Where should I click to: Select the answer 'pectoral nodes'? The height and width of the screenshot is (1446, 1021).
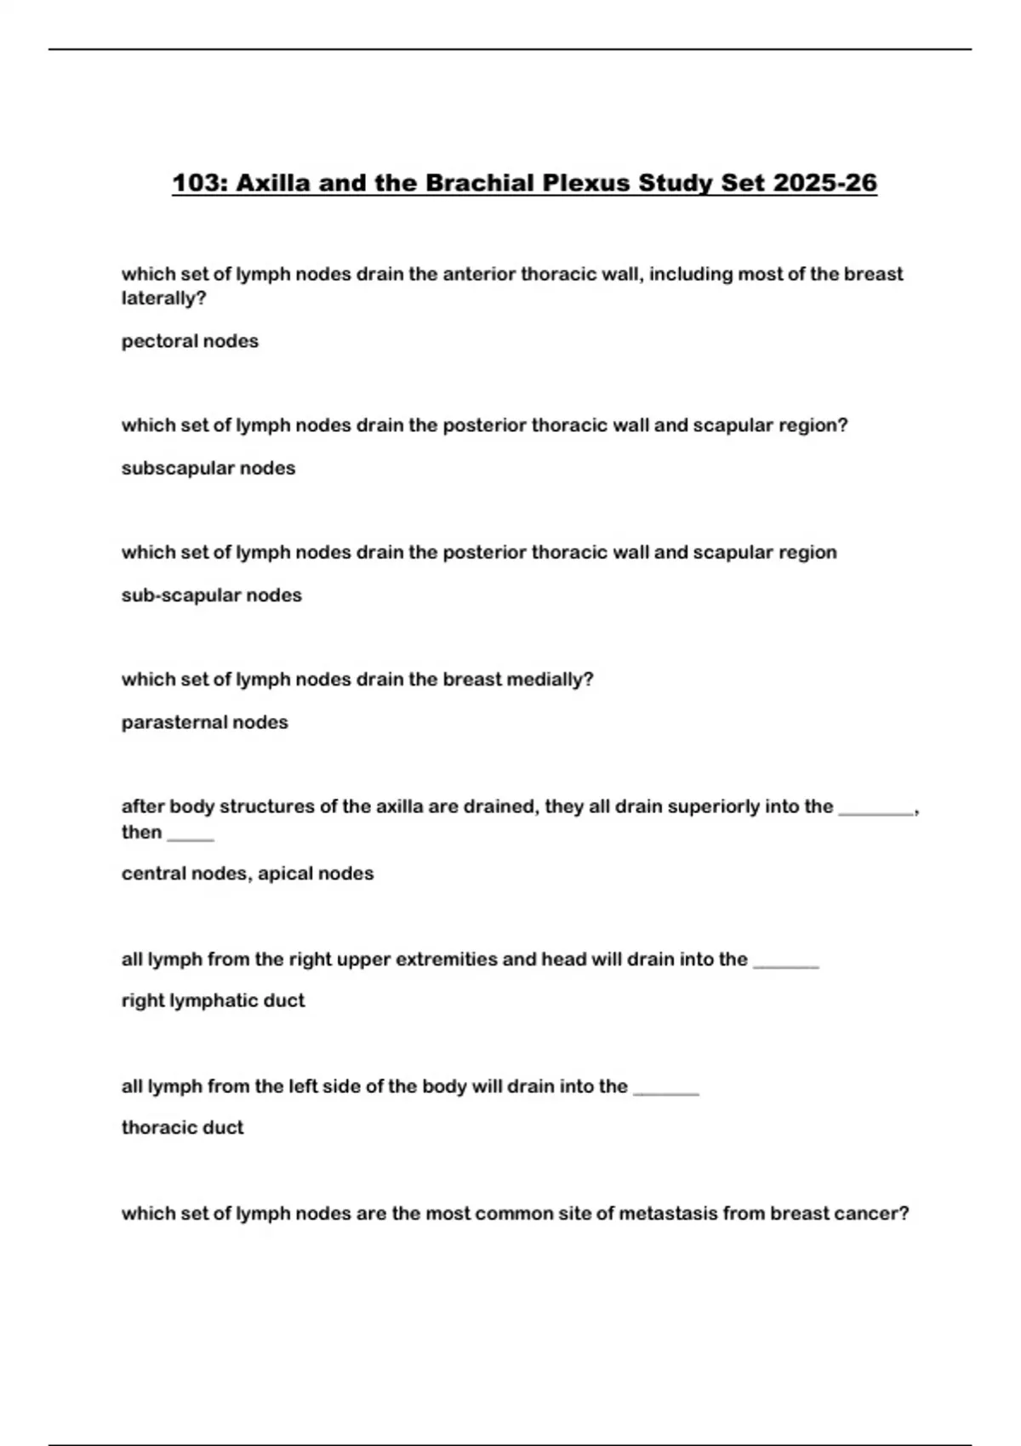point(190,341)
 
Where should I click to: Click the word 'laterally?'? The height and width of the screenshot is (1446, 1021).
point(163,299)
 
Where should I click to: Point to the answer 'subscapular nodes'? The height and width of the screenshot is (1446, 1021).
point(208,468)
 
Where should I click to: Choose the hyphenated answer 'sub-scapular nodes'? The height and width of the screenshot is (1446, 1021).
point(211,595)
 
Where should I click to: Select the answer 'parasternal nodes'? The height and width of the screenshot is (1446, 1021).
point(204,722)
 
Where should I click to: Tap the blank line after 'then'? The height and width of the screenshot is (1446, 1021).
point(191,837)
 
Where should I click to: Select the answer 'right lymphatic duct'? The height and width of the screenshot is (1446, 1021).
point(213,1000)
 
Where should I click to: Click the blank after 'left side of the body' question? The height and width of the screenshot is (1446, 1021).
point(666,1091)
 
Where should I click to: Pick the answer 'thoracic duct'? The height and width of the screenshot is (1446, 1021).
point(182,1128)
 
